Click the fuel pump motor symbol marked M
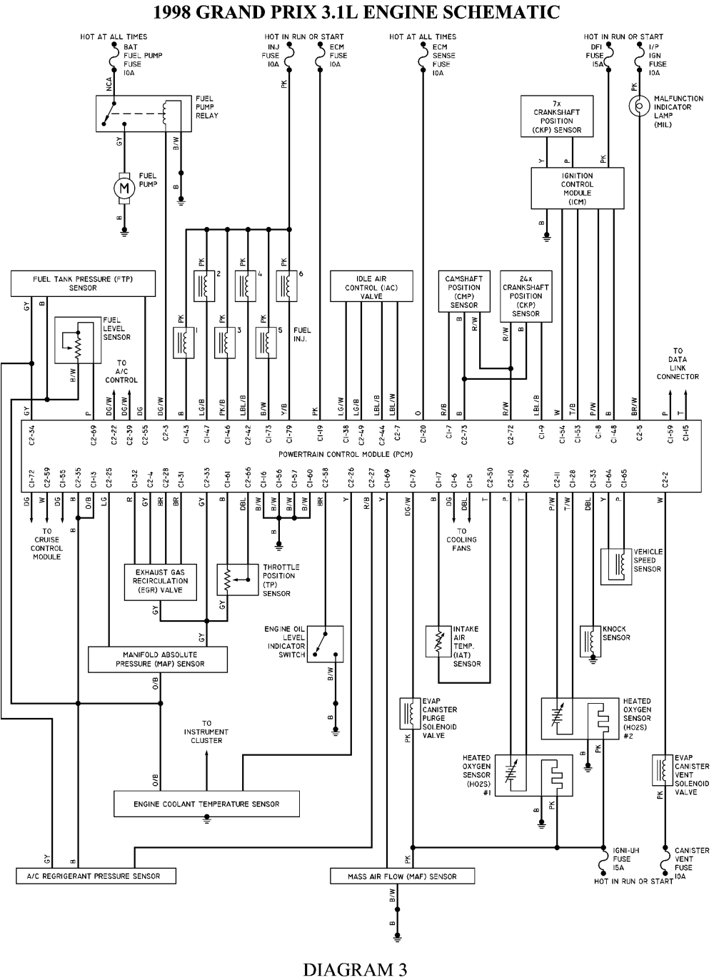(125, 188)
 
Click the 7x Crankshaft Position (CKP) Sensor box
(557, 116)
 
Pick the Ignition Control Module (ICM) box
(577, 188)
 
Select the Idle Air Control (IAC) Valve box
(371, 287)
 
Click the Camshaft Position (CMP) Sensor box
(463, 291)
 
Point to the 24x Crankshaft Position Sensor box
(526, 295)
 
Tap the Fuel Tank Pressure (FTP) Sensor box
(83, 283)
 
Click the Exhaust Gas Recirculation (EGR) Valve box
(161, 581)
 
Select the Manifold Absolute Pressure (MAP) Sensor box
(158, 659)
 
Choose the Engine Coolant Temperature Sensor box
(206, 804)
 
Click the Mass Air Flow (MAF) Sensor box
(402, 876)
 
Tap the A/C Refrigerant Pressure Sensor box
(96, 876)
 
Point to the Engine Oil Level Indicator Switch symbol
(326, 644)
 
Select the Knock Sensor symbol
(590, 640)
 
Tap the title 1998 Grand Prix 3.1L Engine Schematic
(356, 12)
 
